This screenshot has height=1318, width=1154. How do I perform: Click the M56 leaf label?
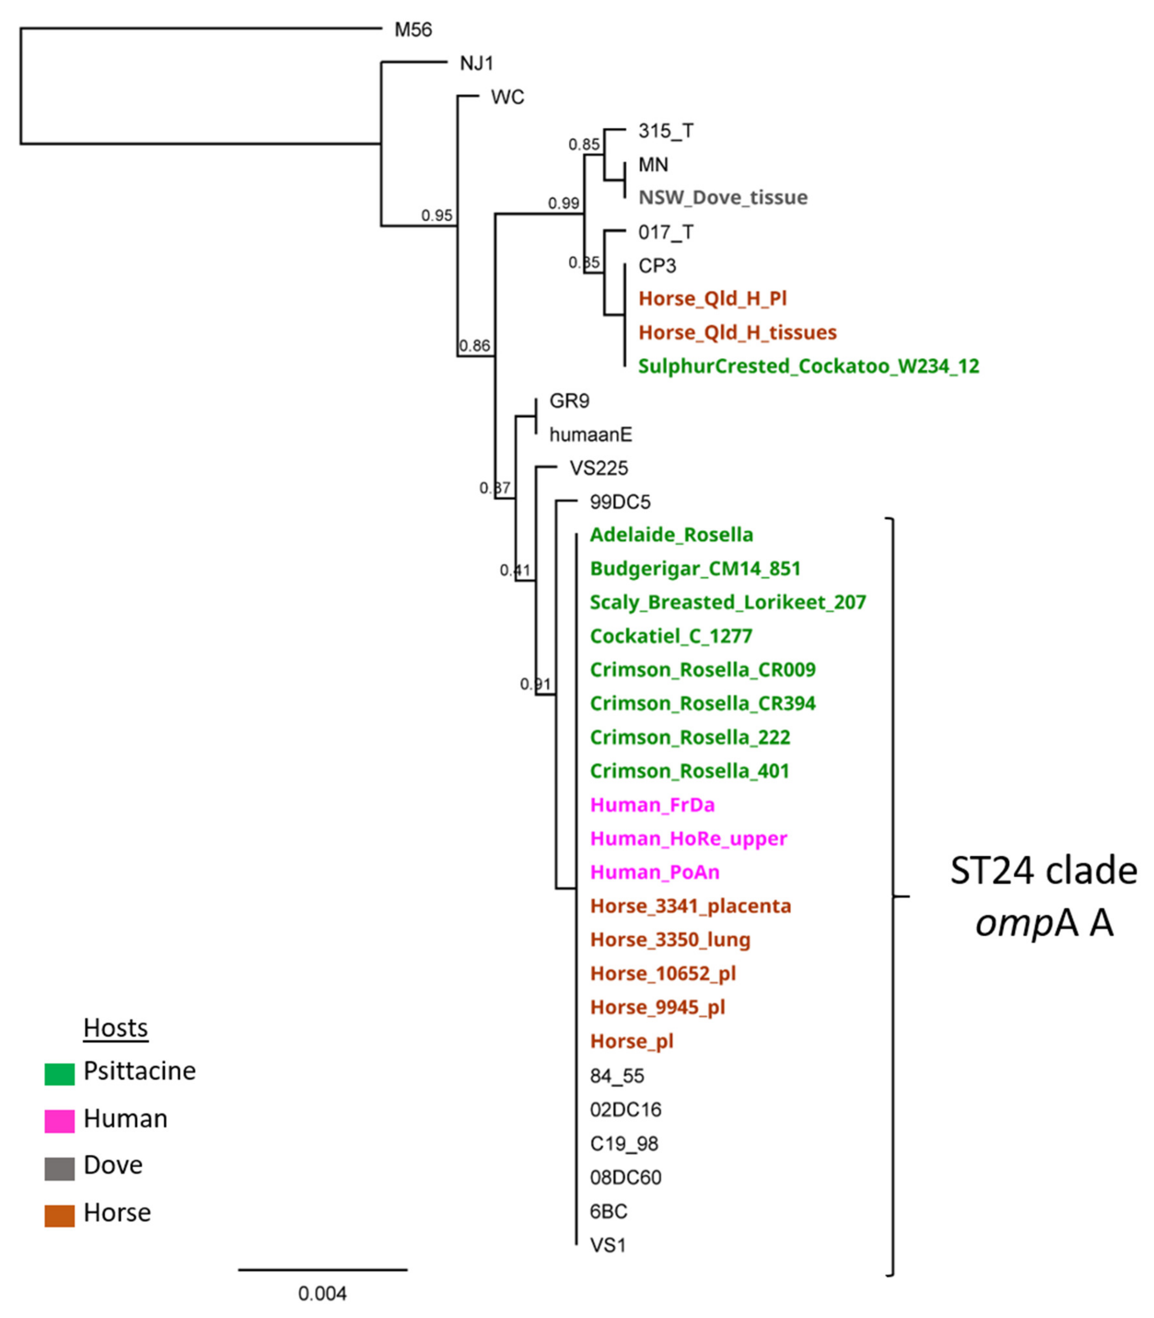[413, 30]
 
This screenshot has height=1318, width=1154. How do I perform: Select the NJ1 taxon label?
[477, 63]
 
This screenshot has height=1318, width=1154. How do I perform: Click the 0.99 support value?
[563, 204]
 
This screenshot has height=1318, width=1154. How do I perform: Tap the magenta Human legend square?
[59, 1121]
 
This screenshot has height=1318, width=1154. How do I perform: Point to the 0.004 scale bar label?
[322, 1294]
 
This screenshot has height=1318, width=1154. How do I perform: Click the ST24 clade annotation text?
[1043, 871]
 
